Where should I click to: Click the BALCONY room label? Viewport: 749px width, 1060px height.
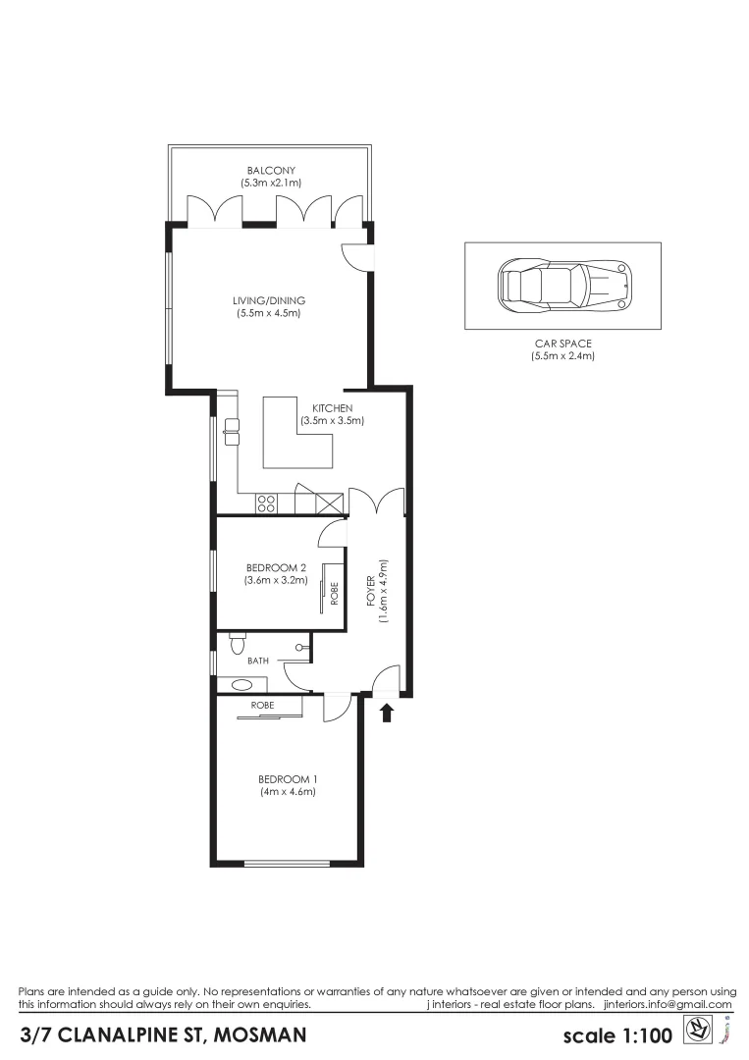click(x=271, y=177)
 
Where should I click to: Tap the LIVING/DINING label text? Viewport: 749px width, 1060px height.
click(x=269, y=306)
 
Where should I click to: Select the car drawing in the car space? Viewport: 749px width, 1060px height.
click(x=563, y=286)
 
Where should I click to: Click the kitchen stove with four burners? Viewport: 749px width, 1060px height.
click(x=266, y=503)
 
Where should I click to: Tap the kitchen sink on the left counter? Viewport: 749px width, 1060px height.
click(x=232, y=428)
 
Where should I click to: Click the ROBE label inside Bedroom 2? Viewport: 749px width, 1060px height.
click(x=334, y=593)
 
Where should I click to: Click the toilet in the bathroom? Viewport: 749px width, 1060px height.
click(x=237, y=644)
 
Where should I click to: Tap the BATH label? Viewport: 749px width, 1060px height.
click(x=258, y=662)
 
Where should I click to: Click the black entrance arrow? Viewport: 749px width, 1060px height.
click(x=387, y=712)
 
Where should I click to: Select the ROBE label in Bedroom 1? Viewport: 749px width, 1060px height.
click(x=262, y=705)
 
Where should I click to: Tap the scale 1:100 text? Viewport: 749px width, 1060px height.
click(x=615, y=1035)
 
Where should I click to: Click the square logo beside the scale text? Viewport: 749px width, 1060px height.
click(x=696, y=1031)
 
